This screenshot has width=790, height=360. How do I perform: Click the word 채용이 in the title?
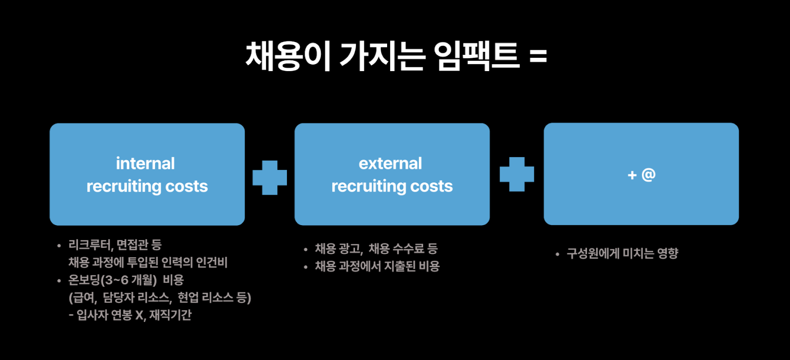pyautogui.click(x=287, y=56)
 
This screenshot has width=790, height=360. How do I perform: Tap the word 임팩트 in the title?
pyautogui.click(x=476, y=56)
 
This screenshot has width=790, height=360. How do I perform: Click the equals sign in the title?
pyautogui.click(x=538, y=56)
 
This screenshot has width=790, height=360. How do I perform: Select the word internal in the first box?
pyautogui.click(x=145, y=163)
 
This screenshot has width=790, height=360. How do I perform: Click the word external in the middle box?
pyautogui.click(x=390, y=163)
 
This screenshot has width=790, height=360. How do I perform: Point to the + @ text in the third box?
pyautogui.click(x=641, y=175)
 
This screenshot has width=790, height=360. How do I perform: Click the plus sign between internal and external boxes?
pyautogui.click(x=270, y=177)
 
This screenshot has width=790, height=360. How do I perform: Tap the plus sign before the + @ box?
pyautogui.click(x=516, y=174)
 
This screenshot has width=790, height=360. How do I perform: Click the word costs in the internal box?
pyautogui.click(x=187, y=186)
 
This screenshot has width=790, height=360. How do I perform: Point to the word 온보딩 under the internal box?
pyautogui.click(x=84, y=280)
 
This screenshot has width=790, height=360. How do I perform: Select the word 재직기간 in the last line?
pyautogui.click(x=170, y=316)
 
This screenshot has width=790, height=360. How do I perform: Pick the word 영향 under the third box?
pyautogui.click(x=668, y=254)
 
